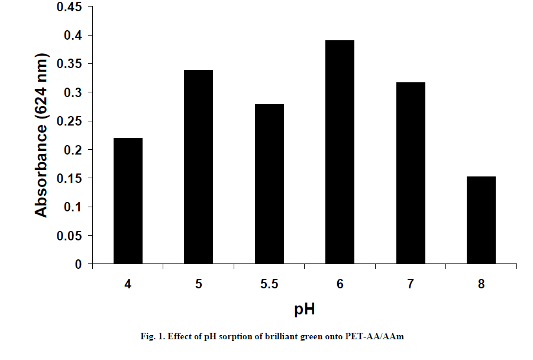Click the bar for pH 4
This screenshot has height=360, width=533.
(128, 201)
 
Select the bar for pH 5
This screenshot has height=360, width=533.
(199, 166)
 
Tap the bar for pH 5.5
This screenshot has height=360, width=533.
(269, 184)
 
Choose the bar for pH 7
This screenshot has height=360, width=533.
(411, 173)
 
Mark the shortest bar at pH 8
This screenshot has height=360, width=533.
(481, 220)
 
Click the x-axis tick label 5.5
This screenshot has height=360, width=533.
(269, 284)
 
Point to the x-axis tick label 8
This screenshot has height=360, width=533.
(482, 284)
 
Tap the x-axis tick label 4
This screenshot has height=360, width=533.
(128, 284)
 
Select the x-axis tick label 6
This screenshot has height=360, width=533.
(340, 284)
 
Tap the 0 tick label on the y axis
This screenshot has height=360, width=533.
(79, 265)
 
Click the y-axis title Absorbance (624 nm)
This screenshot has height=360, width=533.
(41, 136)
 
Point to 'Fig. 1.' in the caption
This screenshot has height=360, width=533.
(152, 336)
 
